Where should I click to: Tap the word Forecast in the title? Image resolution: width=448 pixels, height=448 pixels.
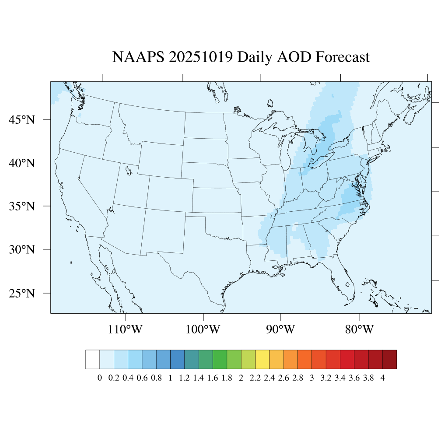point(343,57)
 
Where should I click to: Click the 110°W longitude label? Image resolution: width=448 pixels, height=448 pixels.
point(125,329)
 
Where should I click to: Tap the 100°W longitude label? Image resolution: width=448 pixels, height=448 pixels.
point(203,329)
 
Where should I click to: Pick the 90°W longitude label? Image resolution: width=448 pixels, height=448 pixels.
point(281,329)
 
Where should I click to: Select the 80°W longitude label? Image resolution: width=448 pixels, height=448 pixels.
point(359,329)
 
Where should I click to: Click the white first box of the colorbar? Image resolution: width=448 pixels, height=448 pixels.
point(93,359)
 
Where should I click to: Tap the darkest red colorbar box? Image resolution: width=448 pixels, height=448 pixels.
point(389,359)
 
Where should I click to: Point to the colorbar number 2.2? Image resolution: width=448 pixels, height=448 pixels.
point(255,378)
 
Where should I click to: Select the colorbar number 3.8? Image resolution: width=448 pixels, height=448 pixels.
point(368,378)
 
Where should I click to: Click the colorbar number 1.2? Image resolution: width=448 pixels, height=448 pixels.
point(184,378)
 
